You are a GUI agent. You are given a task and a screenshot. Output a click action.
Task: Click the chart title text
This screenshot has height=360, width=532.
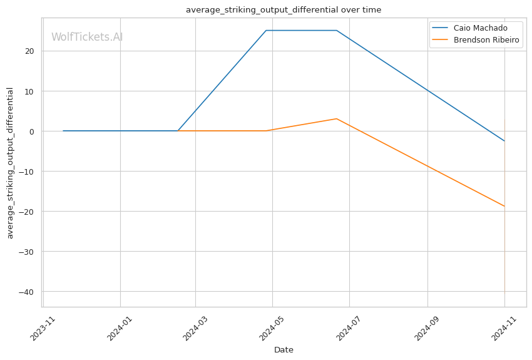283,10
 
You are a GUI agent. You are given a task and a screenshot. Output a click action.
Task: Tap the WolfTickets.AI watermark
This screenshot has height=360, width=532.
87,37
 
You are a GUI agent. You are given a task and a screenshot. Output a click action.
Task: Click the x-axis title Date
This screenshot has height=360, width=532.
284,350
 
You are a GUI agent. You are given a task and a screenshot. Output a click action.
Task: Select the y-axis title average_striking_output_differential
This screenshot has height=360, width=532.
10,163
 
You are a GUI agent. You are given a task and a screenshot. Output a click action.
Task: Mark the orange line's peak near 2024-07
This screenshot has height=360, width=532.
336,119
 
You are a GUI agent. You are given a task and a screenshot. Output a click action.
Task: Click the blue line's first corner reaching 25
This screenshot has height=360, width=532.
266,31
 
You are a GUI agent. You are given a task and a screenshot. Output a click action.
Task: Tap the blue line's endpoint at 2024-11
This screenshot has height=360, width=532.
504,141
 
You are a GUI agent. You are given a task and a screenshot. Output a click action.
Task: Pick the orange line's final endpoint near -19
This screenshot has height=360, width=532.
504,206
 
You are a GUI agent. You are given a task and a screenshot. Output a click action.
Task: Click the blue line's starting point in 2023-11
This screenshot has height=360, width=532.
63,131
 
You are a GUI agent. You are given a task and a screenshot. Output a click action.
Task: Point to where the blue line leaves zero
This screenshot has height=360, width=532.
178,131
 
